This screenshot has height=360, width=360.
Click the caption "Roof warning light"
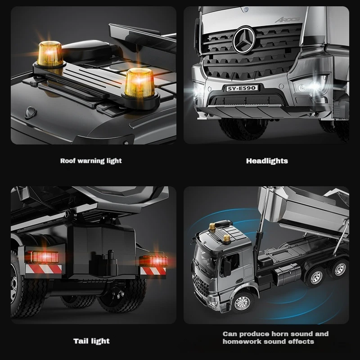[x=91, y=161]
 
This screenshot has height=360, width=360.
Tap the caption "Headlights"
[x=267, y=161]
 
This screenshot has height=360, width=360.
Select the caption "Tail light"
[x=91, y=341]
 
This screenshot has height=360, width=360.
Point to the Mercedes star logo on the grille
[x=244, y=36]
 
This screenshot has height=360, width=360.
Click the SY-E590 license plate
[x=243, y=88]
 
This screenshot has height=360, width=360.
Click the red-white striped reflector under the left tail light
[x=43, y=269]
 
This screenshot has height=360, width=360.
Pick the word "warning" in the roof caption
[x=92, y=161]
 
